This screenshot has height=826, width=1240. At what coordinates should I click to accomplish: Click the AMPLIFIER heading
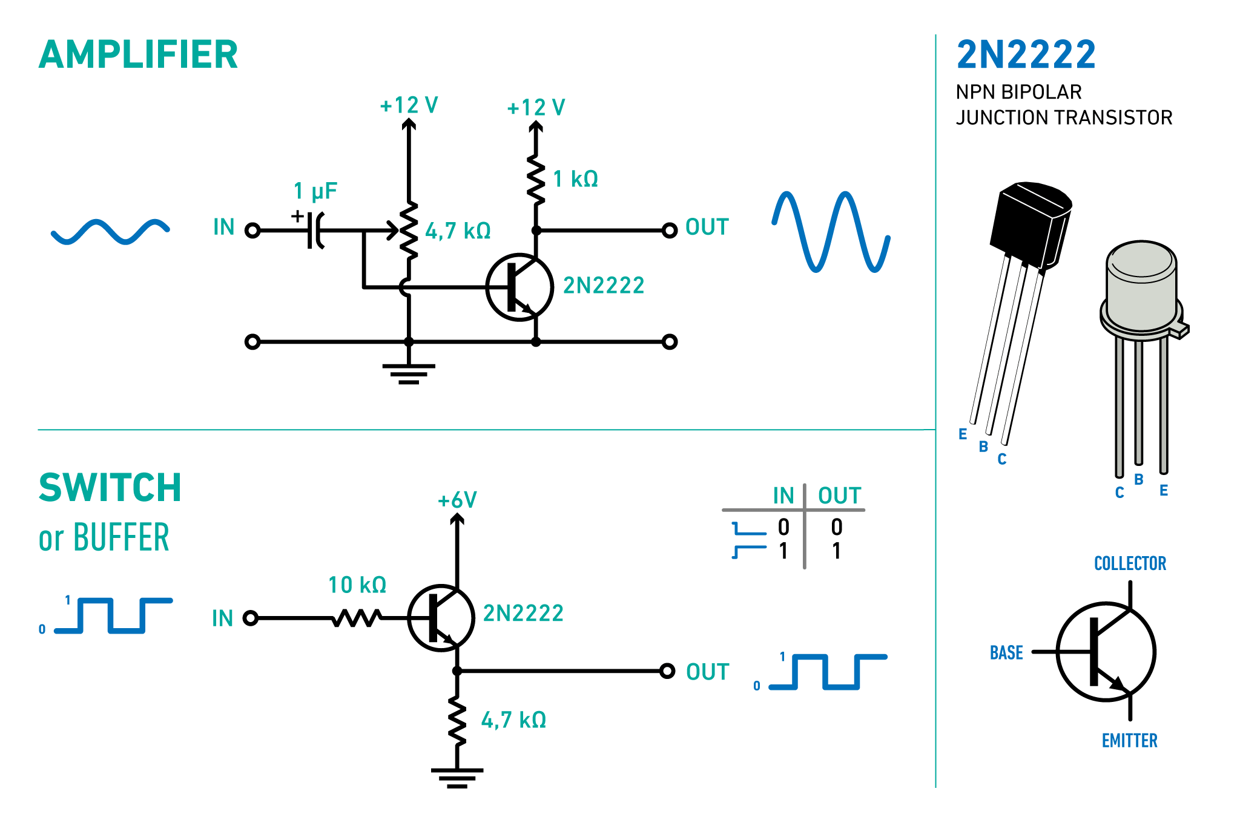tap(138, 54)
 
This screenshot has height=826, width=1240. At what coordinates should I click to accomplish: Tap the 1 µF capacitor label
tap(315, 191)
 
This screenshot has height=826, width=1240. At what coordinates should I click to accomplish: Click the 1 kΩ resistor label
tap(575, 179)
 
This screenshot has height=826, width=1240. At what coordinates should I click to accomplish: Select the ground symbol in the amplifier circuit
tap(409, 373)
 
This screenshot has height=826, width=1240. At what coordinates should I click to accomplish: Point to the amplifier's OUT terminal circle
tap(669, 231)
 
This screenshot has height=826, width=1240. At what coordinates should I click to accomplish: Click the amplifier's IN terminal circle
tap(252, 231)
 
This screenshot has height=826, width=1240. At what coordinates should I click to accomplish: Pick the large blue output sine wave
tap(831, 232)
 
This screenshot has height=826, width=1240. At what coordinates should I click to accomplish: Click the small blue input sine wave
tap(110, 232)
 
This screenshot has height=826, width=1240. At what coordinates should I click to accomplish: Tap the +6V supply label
tap(457, 500)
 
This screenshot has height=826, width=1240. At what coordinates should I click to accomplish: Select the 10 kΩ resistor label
tap(357, 585)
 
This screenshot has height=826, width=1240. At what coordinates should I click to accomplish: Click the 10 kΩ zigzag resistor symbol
tap(357, 618)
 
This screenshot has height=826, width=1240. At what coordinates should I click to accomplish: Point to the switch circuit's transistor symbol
tap(441, 618)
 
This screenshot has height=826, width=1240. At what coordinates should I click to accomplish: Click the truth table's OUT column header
tap(839, 496)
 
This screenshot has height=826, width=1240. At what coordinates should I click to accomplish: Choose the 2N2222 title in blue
tap(1026, 54)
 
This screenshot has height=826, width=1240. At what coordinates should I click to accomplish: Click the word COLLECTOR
tap(1130, 563)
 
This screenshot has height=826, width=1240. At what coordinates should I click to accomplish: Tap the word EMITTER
tap(1129, 741)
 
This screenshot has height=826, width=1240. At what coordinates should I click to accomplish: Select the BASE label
tap(1006, 653)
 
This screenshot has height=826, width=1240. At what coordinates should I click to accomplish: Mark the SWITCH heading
tap(110, 488)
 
